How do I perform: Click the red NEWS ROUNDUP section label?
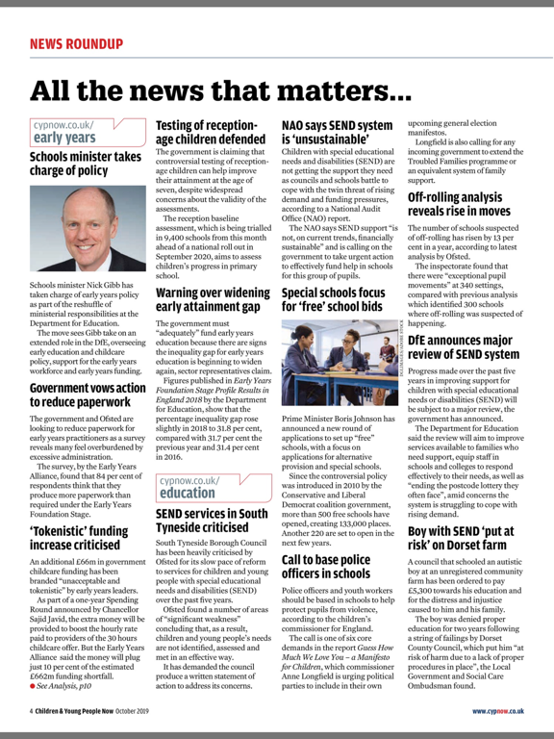click(x=76, y=43)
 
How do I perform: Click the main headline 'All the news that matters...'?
click(x=221, y=91)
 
